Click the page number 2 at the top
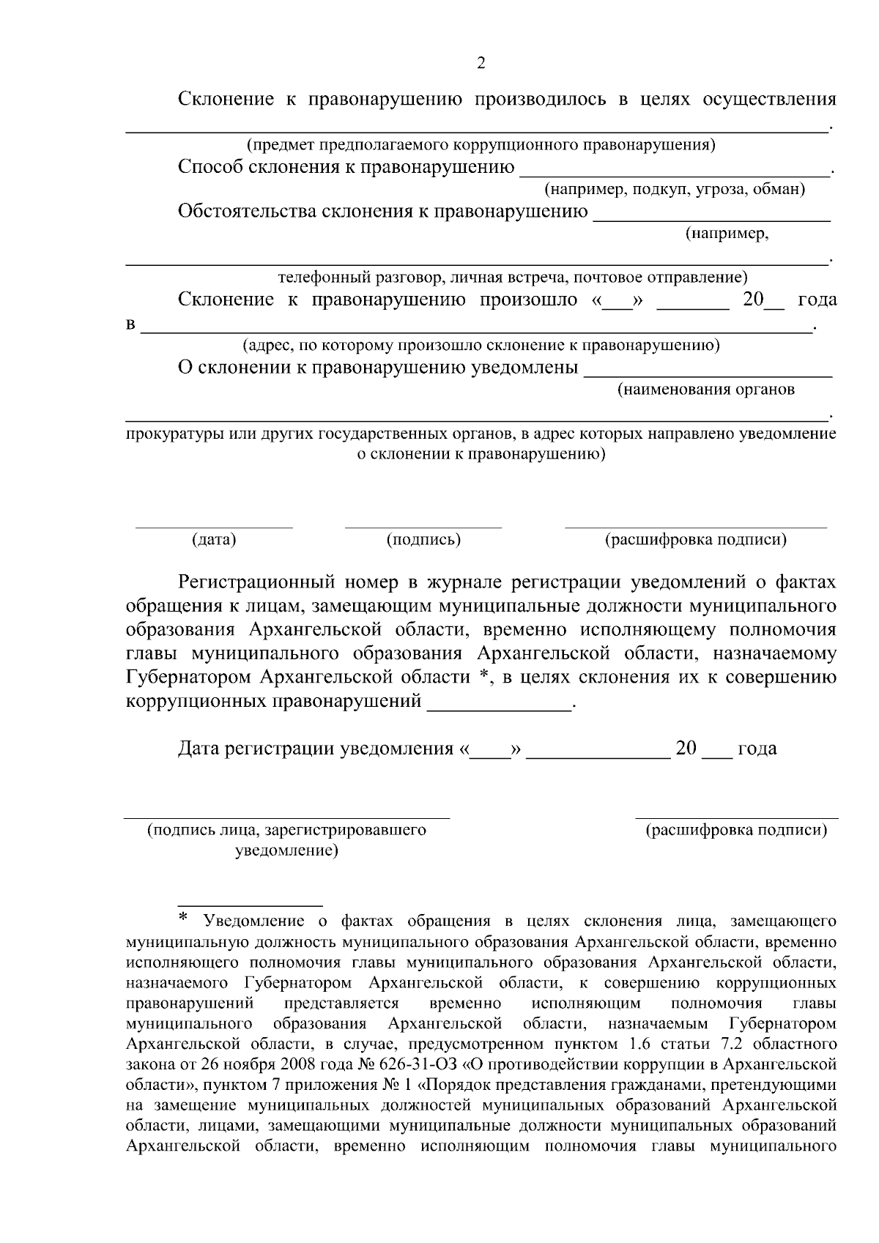pos(481,63)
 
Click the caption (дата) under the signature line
pos(214,540)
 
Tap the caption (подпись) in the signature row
pos(423,540)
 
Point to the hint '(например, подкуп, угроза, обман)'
pos(675,190)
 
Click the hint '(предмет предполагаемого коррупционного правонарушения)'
pos(481,144)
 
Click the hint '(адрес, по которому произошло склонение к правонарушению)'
pos(481,344)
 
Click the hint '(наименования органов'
pos(706,389)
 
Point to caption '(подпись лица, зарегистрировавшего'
pos(286,830)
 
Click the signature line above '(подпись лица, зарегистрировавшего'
pos(286,815)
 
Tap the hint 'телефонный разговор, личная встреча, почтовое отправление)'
pos(513,278)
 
